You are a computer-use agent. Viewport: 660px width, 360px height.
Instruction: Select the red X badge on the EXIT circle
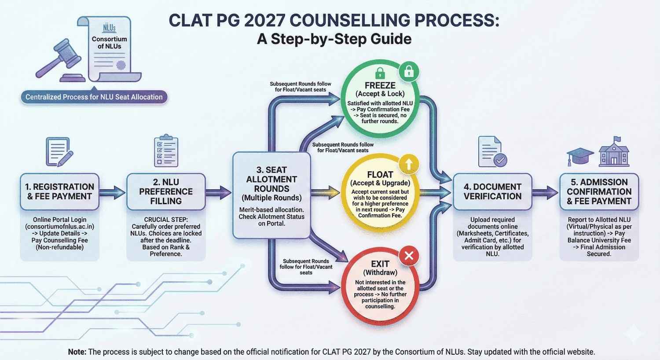pos(409,256)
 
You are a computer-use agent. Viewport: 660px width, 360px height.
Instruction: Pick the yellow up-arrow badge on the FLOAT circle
pos(409,164)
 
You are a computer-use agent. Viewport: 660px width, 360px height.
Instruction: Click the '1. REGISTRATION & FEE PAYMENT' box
pos(59,191)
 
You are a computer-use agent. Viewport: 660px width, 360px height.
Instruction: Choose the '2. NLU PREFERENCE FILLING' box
pos(166,191)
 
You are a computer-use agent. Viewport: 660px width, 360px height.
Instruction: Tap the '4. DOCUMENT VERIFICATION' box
pos(492,191)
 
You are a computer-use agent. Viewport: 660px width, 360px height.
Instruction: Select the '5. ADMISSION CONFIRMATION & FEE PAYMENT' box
pos(599,191)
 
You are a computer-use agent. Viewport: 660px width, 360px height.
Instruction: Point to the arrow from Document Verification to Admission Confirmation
pos(546,192)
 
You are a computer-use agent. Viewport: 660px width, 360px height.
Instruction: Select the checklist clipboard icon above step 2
pos(166,151)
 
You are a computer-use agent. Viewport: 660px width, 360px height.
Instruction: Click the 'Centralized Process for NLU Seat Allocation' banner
pos(94,97)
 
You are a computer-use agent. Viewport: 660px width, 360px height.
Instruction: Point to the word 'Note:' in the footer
pos(77,352)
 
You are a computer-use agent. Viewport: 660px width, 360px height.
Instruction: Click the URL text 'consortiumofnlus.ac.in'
pos(59,227)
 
